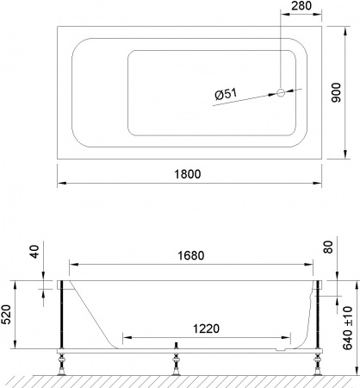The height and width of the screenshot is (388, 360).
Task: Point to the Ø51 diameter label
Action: tap(226, 97)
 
